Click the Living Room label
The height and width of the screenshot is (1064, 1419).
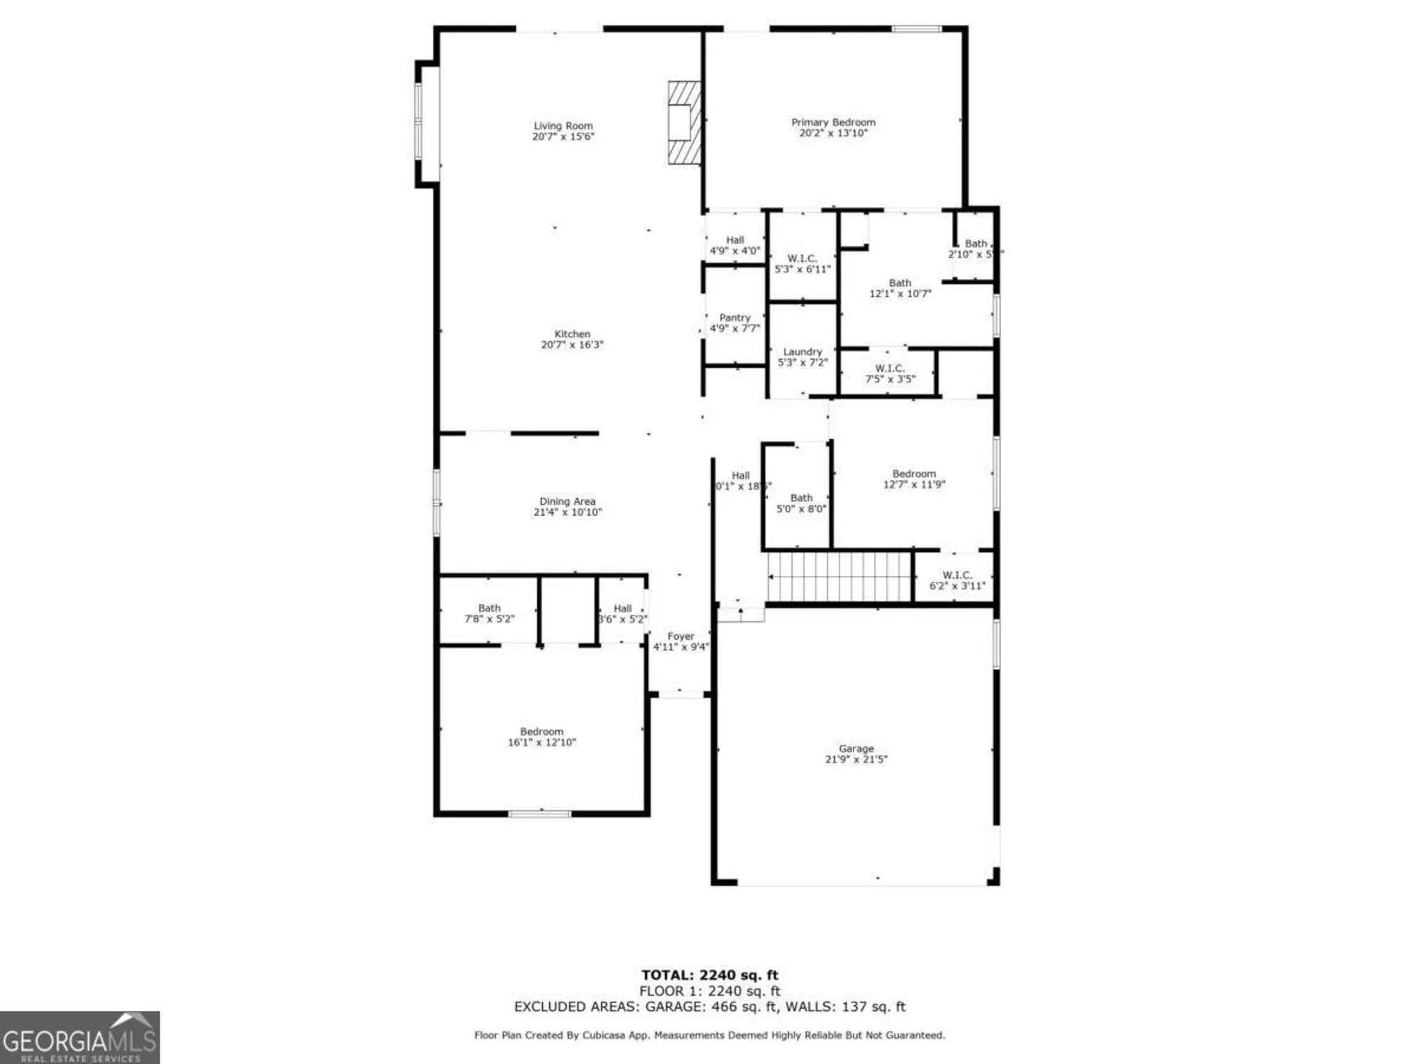563,126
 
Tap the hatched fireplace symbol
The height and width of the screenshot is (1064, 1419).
684,123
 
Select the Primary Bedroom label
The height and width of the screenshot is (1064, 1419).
833,123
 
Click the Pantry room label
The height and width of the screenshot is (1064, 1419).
734,318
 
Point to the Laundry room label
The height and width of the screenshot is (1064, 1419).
802,352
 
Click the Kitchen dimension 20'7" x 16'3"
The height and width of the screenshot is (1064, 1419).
572,345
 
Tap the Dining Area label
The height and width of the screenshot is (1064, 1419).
567,501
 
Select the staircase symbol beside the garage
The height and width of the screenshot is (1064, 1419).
839,577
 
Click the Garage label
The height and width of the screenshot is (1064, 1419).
856,748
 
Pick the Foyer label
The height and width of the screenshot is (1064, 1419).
680,636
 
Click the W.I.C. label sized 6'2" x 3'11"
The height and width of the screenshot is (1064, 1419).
957,575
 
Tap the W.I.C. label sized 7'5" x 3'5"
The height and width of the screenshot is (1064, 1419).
890,369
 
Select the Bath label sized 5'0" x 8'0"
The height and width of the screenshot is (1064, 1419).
801,498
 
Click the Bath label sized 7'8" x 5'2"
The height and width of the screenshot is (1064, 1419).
489,608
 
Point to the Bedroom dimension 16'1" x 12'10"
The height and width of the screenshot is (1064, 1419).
541,742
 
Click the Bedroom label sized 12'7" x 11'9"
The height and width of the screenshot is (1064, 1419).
914,474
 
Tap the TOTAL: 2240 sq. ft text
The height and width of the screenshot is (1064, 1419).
709,975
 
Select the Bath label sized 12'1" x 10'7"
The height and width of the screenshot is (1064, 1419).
900,283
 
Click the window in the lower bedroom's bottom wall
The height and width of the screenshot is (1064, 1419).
540,814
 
